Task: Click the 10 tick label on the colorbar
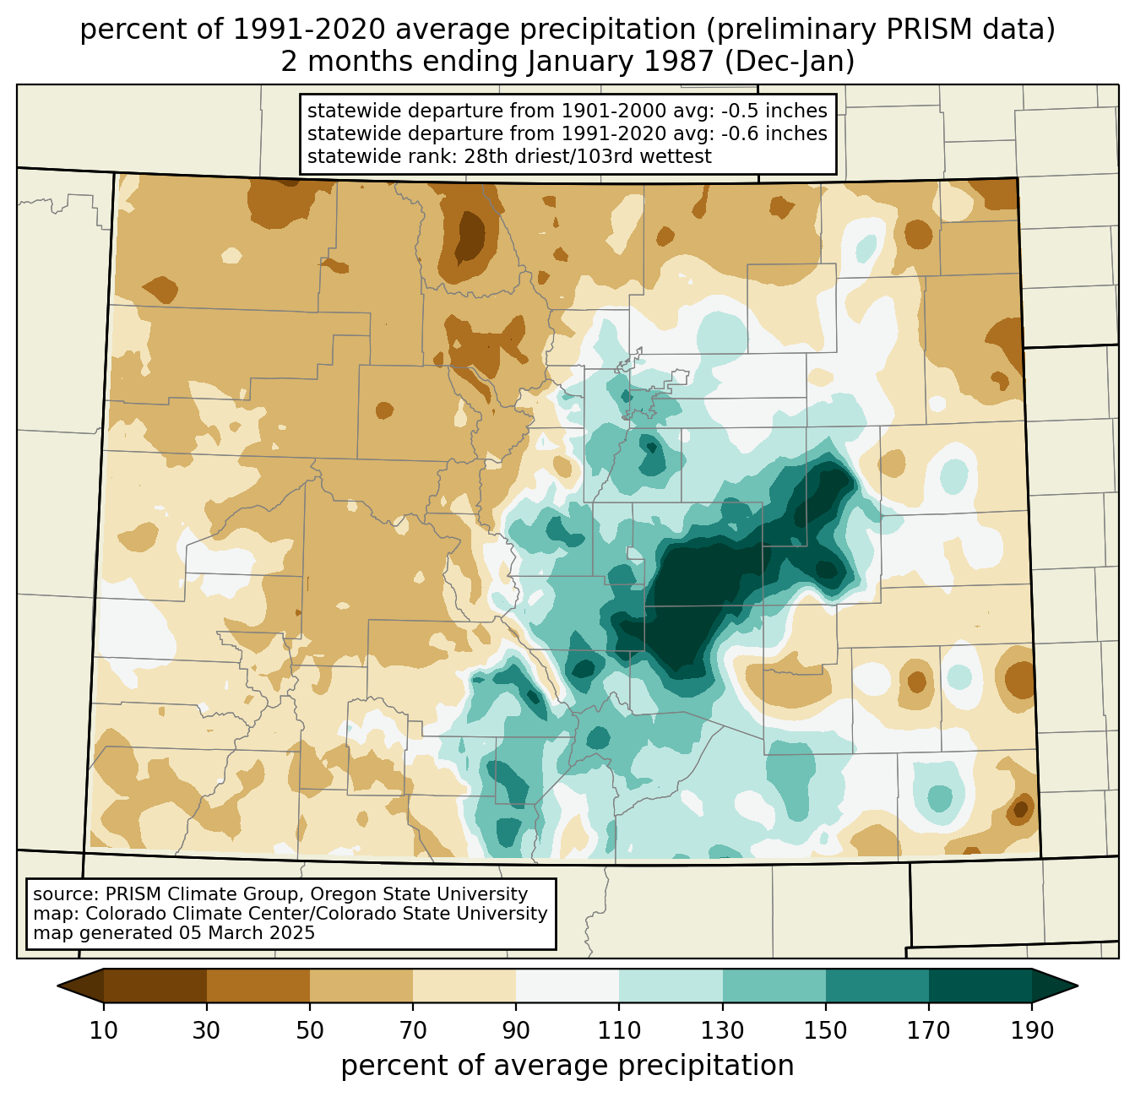coord(103,1030)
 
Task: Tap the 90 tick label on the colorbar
coord(516,1030)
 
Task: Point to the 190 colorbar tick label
coord(1032,1030)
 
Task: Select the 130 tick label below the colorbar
coord(723,1030)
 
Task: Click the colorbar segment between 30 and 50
coord(258,986)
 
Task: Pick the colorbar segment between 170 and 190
coord(980,986)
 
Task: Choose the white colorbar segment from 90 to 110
coord(567,986)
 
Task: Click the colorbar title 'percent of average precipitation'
coord(567,1066)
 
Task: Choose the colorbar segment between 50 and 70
coord(361,986)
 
